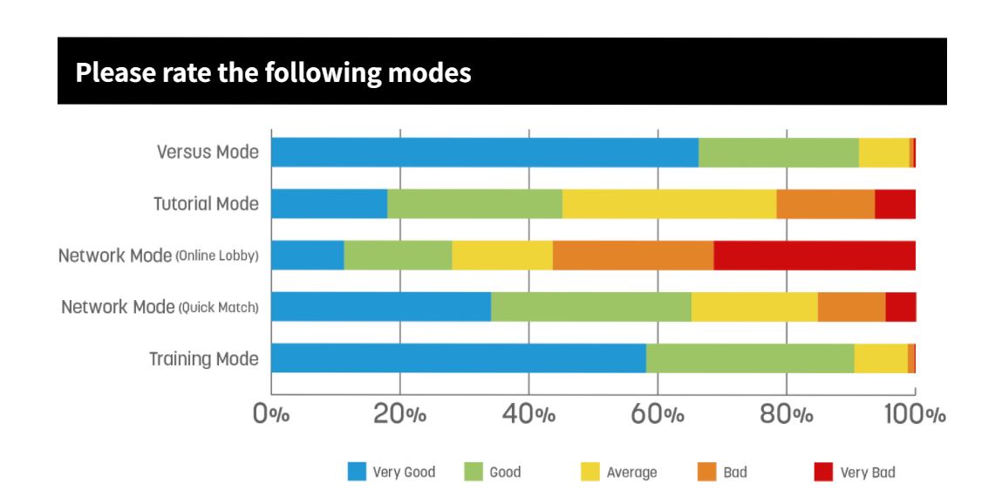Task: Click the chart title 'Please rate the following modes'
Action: tap(273, 72)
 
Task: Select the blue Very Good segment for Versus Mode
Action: tap(485, 153)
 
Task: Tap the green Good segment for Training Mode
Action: tap(750, 358)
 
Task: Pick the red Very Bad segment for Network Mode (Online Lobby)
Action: tap(815, 255)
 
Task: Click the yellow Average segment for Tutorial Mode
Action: tap(670, 204)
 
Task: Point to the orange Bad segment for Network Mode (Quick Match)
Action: tap(852, 307)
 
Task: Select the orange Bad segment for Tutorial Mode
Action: tap(826, 204)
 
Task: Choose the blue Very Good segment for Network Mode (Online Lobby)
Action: tap(308, 255)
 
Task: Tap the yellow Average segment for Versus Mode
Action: tap(883, 153)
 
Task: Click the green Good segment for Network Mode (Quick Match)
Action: tap(591, 307)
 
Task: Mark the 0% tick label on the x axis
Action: tap(271, 414)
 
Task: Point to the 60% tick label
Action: tap(658, 414)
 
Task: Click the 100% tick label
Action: tap(915, 414)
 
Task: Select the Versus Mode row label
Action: tap(208, 152)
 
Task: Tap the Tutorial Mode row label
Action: tap(207, 204)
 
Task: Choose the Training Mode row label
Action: tap(204, 358)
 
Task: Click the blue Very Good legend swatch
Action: tap(357, 472)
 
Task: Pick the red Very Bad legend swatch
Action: tap(824, 472)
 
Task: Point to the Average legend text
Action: tap(631, 473)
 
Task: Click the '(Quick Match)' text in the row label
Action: tap(218, 308)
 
